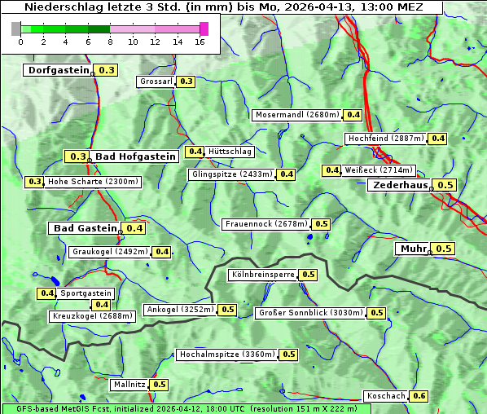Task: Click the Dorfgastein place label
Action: [x=58, y=70]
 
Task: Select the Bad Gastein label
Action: [x=86, y=228]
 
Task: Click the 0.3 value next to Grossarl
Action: [x=186, y=81]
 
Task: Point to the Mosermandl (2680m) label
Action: [x=297, y=115]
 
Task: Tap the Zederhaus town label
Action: [x=400, y=185]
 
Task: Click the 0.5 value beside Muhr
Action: [x=444, y=249]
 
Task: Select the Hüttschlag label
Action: [x=230, y=152]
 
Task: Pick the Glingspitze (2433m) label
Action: [x=232, y=174]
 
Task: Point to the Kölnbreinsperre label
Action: [x=262, y=275]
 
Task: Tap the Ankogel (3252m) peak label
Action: [x=179, y=310]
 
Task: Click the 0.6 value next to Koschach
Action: [x=419, y=396]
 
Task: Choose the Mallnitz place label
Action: [x=129, y=385]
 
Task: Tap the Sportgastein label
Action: [x=86, y=293]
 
